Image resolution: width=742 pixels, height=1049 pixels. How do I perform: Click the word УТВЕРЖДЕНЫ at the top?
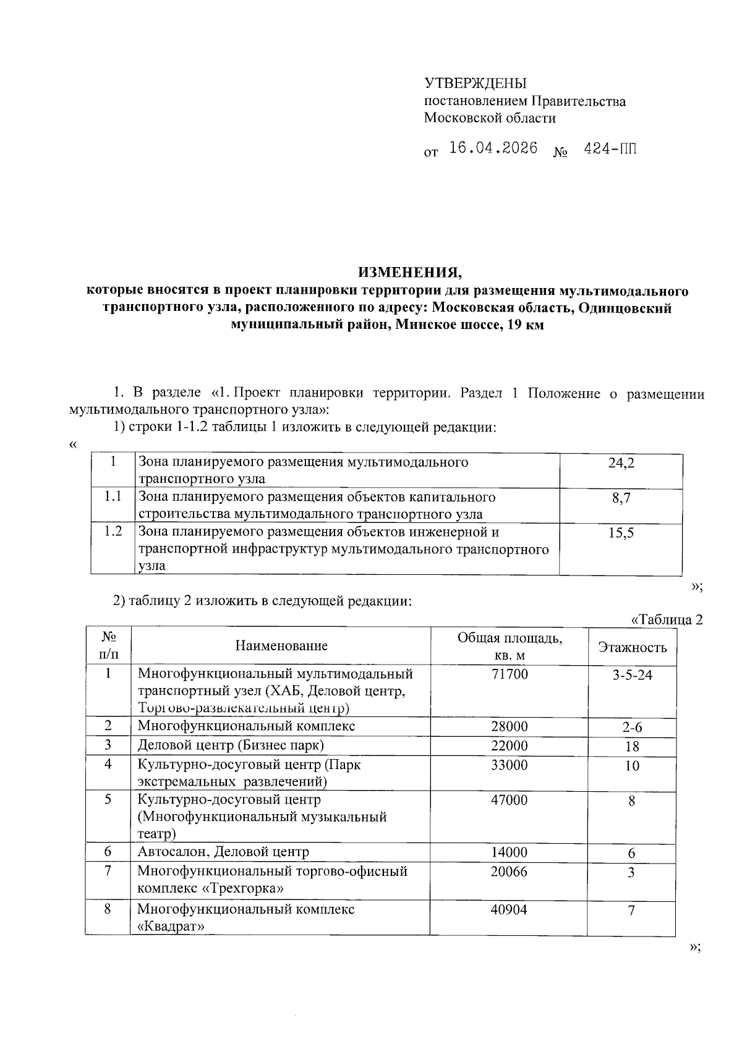[475, 83]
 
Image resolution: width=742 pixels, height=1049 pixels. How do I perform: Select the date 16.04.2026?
[493, 148]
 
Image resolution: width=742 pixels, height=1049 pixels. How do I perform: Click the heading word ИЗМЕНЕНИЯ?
[411, 272]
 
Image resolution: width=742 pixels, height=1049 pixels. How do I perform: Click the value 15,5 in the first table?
[621, 532]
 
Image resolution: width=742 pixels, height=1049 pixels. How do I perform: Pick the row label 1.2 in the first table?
[113, 532]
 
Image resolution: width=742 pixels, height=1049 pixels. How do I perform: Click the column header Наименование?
[281, 646]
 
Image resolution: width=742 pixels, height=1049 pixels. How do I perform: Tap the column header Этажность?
[632, 647]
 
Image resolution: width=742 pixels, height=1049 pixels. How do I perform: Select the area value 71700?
[510, 674]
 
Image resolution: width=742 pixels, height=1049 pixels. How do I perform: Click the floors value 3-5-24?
[632, 674]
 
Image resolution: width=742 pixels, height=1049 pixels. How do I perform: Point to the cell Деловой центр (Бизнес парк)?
[231, 745]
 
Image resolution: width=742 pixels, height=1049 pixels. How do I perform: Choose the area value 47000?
[510, 800]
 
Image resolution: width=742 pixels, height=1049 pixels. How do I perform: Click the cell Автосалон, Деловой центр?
[223, 852]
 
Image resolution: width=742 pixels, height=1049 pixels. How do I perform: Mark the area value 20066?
[510, 872]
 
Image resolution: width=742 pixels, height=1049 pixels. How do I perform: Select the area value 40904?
[510, 909]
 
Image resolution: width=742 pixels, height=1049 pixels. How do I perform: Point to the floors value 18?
[632, 746]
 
